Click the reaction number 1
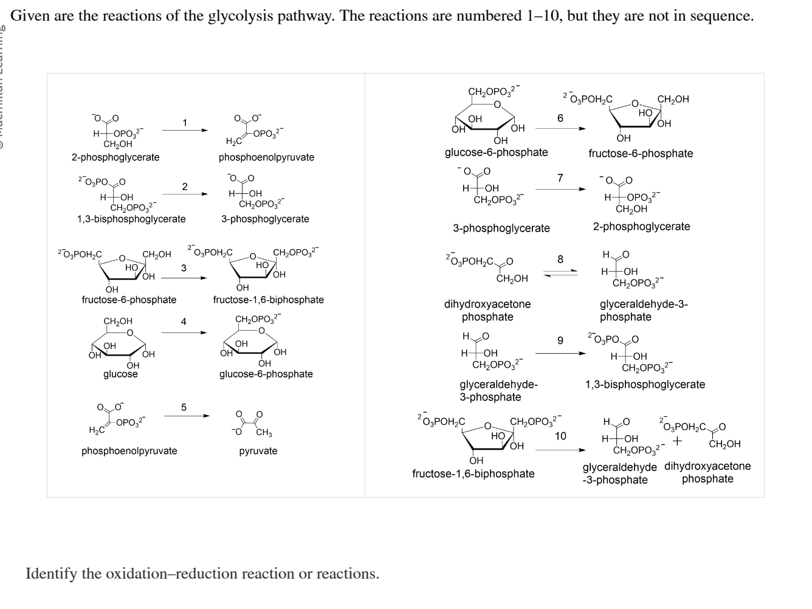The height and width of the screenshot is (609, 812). point(185,123)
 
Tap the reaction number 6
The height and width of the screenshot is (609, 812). point(560,118)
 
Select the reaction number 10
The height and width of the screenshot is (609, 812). point(560,436)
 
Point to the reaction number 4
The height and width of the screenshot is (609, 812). point(184,322)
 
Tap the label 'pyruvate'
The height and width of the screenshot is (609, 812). point(258,451)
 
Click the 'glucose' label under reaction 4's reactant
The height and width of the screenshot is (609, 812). point(120,374)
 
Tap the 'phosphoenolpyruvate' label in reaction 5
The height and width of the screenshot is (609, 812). point(129,451)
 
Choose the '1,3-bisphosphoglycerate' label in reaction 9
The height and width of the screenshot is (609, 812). point(645,385)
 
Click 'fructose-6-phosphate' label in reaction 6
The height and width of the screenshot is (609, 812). point(641,153)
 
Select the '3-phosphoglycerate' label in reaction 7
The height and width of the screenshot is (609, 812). point(501,229)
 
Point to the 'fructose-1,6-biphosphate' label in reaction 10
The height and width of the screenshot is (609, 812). point(473,473)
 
